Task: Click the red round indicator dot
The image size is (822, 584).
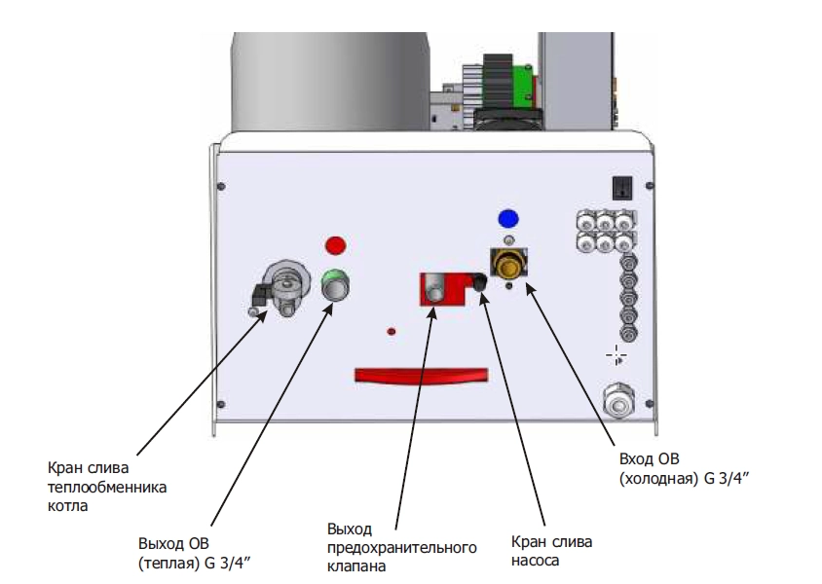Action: tap(335, 245)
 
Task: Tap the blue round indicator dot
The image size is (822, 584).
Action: tap(508, 218)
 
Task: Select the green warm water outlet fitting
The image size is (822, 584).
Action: tap(335, 285)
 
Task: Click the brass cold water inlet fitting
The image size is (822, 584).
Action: tap(508, 263)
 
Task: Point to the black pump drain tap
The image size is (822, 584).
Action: tap(479, 282)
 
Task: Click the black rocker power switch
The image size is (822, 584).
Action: tap(622, 188)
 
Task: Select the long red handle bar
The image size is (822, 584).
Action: tap(422, 376)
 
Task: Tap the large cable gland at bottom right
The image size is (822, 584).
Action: tap(618, 402)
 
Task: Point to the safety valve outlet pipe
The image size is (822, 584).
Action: tap(434, 289)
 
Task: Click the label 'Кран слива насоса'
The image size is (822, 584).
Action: tap(551, 551)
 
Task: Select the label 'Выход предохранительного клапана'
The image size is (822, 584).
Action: tap(401, 548)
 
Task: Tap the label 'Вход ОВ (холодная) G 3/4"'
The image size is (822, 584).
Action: tap(684, 469)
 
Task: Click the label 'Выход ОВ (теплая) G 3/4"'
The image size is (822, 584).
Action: tap(194, 553)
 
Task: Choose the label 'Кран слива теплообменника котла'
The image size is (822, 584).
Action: tap(107, 487)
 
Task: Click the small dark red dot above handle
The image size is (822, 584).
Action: tap(392, 332)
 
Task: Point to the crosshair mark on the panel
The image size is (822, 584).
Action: tap(616, 356)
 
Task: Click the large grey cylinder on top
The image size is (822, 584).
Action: tap(330, 82)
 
